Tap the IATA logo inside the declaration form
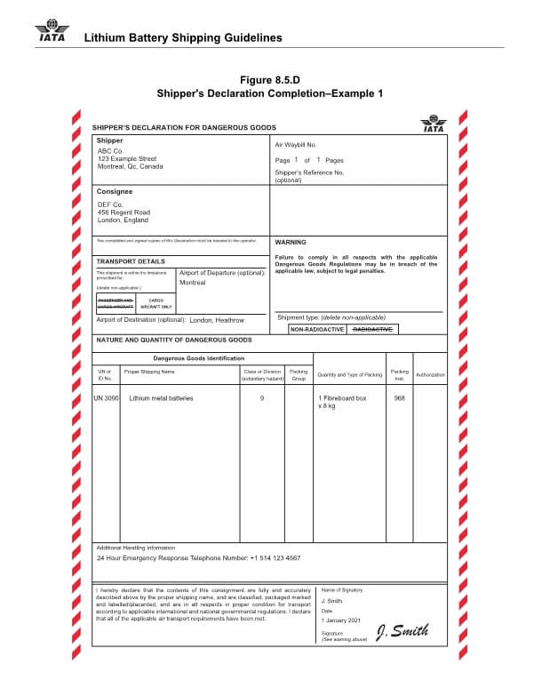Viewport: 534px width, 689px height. (x=434, y=124)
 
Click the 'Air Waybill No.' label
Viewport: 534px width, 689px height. (x=296, y=144)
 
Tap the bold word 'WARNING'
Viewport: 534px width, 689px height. (x=291, y=242)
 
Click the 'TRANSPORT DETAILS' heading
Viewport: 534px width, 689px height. (x=130, y=261)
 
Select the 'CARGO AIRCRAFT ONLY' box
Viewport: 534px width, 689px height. (x=155, y=303)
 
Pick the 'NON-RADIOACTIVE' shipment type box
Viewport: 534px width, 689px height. (x=318, y=329)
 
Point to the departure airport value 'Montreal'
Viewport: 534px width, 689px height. (x=193, y=283)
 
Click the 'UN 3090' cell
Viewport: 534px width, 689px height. (x=106, y=398)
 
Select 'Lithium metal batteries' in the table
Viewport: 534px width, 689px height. (x=161, y=398)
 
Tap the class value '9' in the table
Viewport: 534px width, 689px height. (x=262, y=398)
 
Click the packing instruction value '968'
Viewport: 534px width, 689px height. (x=399, y=398)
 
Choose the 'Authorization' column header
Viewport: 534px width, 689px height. (x=430, y=374)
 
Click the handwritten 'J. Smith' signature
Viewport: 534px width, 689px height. (x=402, y=631)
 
